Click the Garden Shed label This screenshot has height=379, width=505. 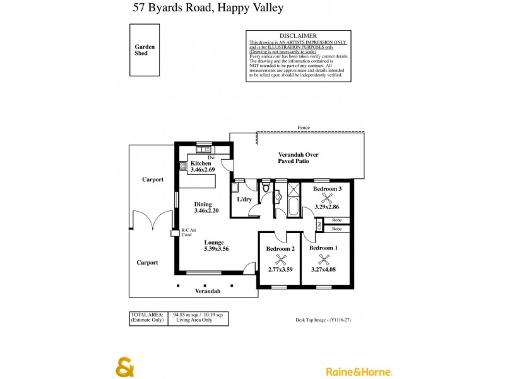point(145,50)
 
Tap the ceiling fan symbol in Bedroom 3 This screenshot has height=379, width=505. point(326,197)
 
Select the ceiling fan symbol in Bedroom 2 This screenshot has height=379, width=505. point(281,259)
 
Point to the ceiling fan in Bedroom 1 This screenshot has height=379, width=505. point(324,258)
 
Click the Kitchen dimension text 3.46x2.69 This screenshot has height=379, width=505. point(203,170)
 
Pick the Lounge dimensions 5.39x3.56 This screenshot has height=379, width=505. point(216,249)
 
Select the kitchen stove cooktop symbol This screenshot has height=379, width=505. point(183,167)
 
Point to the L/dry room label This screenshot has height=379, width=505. point(244,200)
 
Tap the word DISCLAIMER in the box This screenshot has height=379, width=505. point(298,36)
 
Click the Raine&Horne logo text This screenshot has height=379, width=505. point(359,371)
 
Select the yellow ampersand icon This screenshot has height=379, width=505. point(124,368)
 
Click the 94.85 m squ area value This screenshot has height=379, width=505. point(187,314)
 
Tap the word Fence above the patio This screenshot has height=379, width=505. point(304,128)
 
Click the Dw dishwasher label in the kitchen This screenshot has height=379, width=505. point(211,157)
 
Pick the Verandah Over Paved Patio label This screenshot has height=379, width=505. point(298,158)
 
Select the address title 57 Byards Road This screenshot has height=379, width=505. point(208,8)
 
